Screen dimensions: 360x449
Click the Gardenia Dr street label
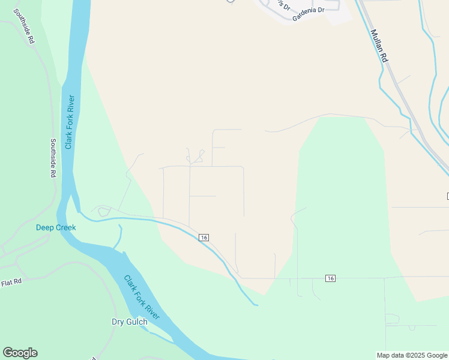(x=308, y=14)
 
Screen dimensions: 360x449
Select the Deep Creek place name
(x=56, y=227)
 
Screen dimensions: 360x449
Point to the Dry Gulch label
(x=130, y=322)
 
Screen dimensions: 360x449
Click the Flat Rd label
(x=11, y=281)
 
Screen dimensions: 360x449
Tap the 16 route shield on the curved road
(x=204, y=238)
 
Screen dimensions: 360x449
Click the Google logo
(x=20, y=353)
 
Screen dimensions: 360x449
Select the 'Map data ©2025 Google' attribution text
(x=412, y=355)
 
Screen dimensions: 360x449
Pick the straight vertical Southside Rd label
(x=53, y=158)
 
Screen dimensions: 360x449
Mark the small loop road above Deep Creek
(x=103, y=211)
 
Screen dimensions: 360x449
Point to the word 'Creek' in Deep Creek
(x=65, y=227)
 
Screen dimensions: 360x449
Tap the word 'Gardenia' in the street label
(x=304, y=16)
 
